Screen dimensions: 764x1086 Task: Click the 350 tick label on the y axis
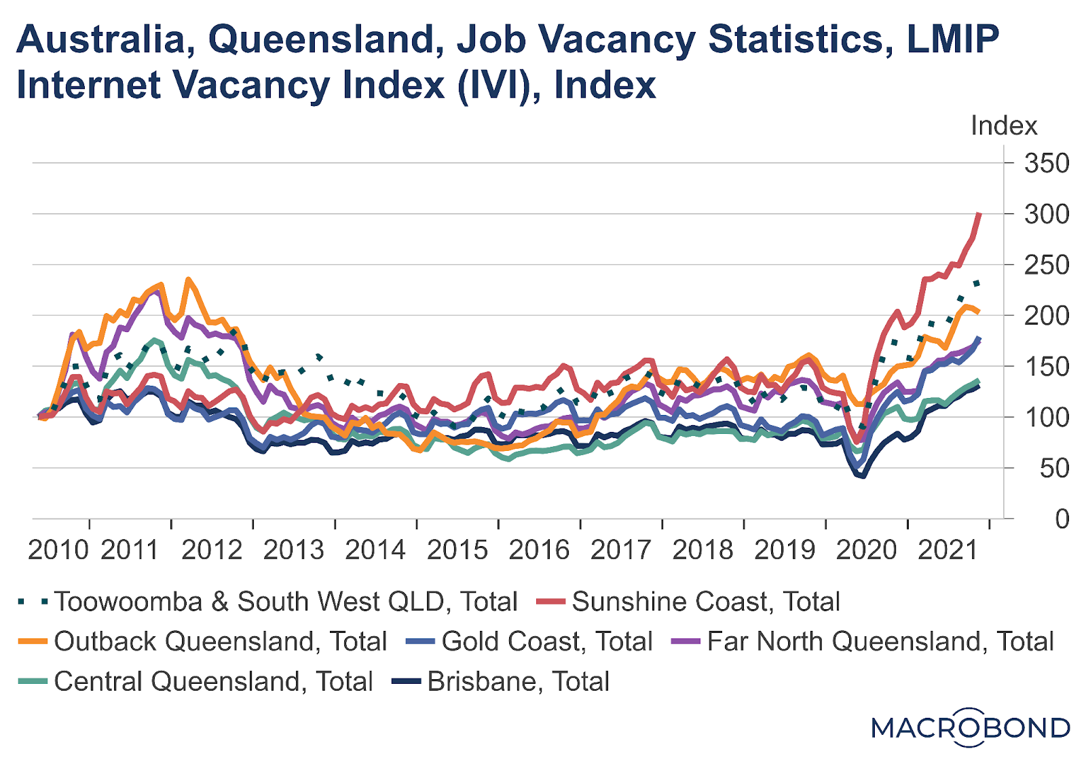click(x=1046, y=164)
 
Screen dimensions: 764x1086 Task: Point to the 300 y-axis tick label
click(x=1046, y=215)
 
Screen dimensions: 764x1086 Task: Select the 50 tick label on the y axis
click(x=1054, y=469)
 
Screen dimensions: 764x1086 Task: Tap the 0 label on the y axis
click(x=1062, y=520)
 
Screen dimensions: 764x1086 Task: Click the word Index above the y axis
click(x=1004, y=126)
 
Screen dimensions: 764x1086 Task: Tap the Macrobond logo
click(x=971, y=728)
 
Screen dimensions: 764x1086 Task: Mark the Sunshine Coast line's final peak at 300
click(x=979, y=215)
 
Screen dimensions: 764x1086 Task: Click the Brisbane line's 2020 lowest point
click(x=863, y=476)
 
